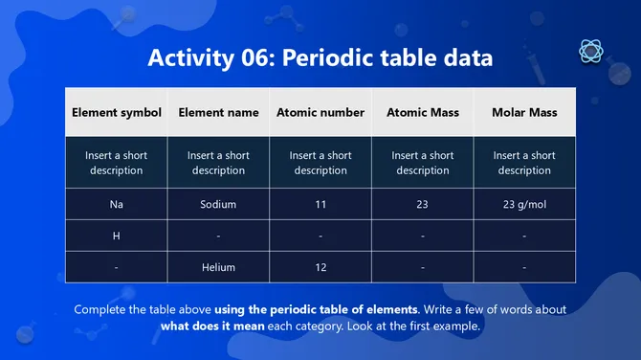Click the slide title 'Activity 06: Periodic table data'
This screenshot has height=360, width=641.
point(320,58)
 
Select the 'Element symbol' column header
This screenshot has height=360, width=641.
point(116,112)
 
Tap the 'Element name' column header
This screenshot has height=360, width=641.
point(218,112)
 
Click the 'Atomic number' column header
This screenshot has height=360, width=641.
point(320,112)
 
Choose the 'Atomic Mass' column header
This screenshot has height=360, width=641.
point(423,112)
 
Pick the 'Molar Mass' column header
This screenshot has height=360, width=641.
point(524,112)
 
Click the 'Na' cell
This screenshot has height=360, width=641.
point(116,204)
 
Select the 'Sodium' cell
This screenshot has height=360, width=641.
point(218,204)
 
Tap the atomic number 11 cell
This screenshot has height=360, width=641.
point(320,204)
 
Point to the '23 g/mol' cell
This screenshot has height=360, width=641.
point(524,204)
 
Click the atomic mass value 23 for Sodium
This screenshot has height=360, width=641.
point(423,204)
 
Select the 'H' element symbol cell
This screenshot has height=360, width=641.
point(116,236)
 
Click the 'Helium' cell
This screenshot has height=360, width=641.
point(218,267)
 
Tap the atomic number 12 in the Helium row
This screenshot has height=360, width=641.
point(320,267)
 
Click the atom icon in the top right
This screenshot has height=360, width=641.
point(590,52)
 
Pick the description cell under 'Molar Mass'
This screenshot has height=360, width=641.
point(524,163)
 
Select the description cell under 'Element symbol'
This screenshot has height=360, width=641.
point(116,163)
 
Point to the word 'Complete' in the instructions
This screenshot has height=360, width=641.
point(101,309)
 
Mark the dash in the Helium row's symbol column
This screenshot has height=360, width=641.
point(116,267)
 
